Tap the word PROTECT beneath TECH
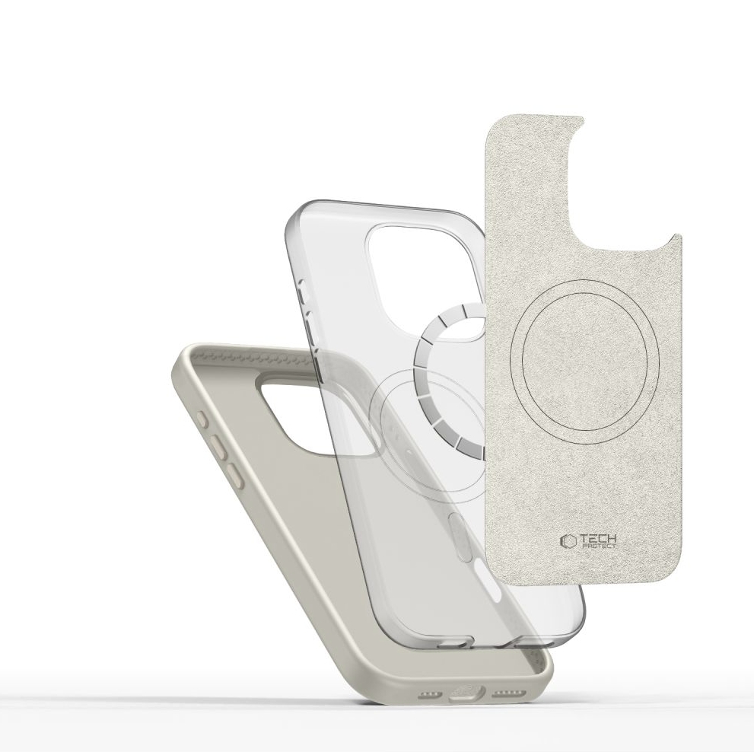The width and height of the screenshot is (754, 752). (x=599, y=546)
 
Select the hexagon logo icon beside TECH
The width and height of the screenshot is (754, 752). (x=568, y=541)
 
